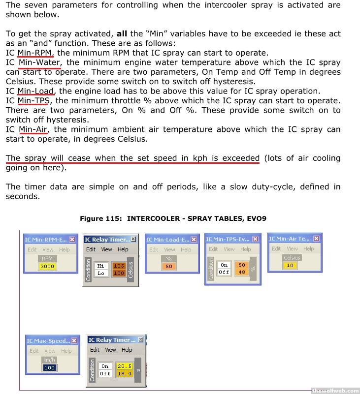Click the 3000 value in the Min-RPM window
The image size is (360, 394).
(x=47, y=266)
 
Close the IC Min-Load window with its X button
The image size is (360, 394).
(x=194, y=240)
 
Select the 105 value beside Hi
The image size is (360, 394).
(x=119, y=266)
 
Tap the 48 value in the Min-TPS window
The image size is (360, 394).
(x=241, y=272)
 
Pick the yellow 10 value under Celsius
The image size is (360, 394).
(x=290, y=265)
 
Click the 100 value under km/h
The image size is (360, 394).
(x=49, y=367)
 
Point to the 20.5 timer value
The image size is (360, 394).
(x=124, y=366)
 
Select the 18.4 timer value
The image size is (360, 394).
(x=124, y=374)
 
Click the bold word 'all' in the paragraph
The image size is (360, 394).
(x=122, y=34)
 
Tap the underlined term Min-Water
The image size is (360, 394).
(x=39, y=62)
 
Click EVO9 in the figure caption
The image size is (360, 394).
(x=256, y=218)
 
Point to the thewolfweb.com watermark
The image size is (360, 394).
(x=335, y=391)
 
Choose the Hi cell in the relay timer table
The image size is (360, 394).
(x=101, y=266)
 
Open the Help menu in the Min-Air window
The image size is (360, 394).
(x=309, y=249)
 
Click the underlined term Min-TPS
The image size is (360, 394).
(x=33, y=101)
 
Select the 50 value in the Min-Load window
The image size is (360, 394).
(x=169, y=266)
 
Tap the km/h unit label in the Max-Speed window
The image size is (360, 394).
(x=49, y=360)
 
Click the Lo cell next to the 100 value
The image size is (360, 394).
(x=101, y=273)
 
